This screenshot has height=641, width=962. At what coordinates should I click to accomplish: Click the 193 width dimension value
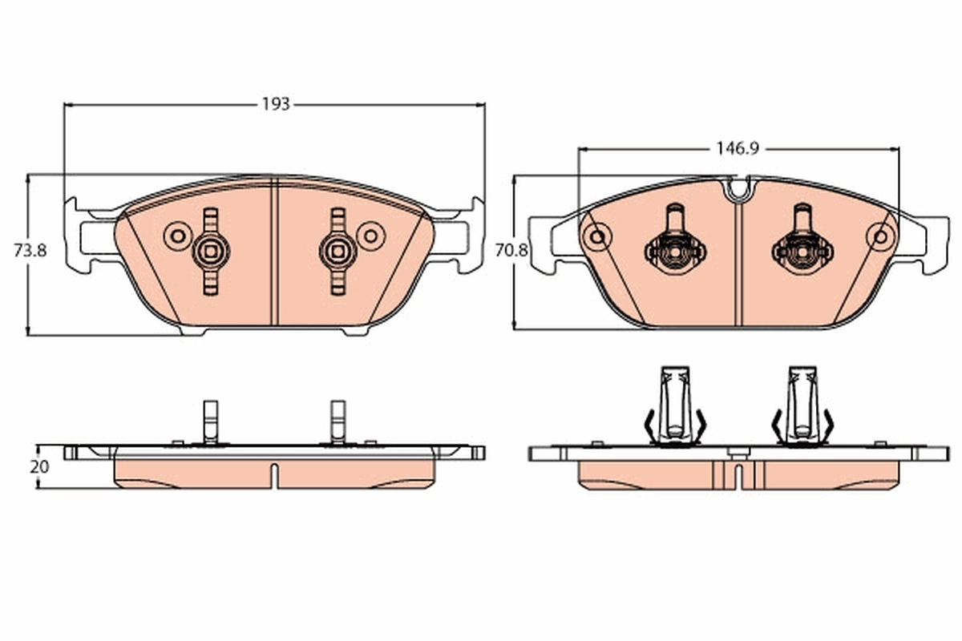pos(275,104)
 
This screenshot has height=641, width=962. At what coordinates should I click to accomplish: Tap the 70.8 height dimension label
pos(511,250)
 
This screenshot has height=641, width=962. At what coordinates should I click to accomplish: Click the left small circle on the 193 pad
pos(174,236)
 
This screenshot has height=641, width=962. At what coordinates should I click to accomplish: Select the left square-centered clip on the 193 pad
pos(210,252)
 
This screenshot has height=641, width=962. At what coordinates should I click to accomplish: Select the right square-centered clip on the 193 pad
pos(338,252)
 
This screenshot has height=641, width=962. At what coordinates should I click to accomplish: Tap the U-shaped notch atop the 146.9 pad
pos(738,190)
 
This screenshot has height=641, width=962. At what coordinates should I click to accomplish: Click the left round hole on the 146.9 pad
pos(596,236)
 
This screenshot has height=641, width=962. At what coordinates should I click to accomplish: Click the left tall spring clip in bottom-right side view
pos(674,407)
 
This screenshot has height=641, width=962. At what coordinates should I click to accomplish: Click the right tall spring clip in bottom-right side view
pos(802,407)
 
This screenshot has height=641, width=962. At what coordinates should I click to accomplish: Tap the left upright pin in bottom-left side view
pos(210,421)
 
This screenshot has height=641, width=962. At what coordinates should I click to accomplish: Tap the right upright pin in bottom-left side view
pos(338,421)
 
